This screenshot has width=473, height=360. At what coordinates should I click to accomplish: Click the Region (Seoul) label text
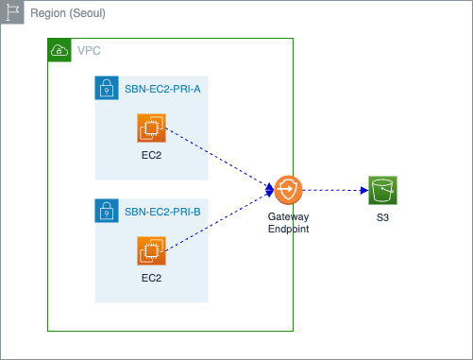tap(68, 13)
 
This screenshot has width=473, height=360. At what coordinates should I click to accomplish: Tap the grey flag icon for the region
tap(12, 12)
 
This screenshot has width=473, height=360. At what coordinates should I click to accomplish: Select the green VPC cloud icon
tap(59, 50)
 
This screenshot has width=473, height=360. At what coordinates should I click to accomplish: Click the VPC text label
tap(89, 51)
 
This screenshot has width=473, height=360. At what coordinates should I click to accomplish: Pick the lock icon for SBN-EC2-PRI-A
tap(107, 88)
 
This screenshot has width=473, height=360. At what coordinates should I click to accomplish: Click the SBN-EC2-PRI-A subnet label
tap(162, 89)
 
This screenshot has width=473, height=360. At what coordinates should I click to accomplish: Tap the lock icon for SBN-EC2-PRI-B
tap(107, 211)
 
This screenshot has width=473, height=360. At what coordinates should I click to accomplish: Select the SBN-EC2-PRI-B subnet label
tap(162, 212)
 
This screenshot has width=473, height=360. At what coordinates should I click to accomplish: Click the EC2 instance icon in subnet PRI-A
tap(151, 129)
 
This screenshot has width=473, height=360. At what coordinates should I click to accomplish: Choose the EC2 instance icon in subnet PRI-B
tap(151, 251)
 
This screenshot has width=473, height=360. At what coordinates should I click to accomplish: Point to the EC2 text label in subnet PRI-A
tap(151, 155)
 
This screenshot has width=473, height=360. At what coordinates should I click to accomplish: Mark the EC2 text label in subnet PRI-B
tap(151, 278)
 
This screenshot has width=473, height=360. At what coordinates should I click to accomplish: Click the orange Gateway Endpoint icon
tap(289, 190)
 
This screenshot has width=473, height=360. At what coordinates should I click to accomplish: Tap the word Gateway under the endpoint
tap(288, 216)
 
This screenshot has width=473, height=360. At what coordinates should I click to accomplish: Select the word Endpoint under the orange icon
tap(288, 229)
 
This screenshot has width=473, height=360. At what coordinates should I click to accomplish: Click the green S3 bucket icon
tap(382, 190)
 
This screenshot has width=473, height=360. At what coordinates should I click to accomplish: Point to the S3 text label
tap(382, 217)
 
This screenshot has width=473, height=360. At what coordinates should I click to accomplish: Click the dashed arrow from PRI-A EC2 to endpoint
tap(220, 159)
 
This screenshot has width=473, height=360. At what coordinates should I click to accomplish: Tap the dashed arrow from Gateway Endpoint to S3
tap(335, 190)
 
